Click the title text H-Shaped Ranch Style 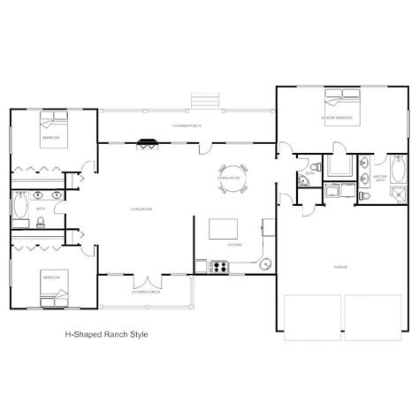(x=107, y=334)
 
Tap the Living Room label (x=142, y=209)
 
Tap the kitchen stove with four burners (x=218, y=264)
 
